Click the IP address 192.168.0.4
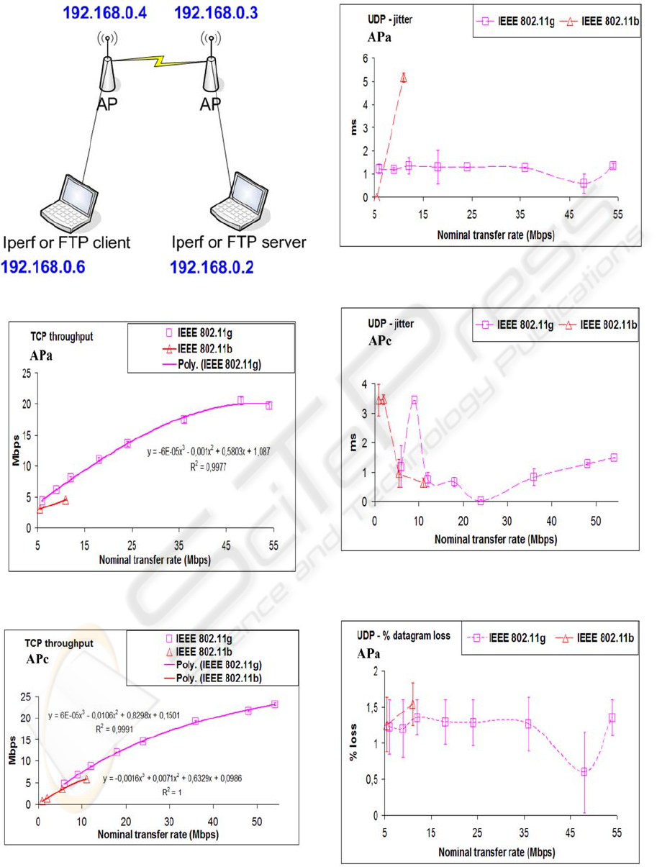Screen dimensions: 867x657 click(104, 12)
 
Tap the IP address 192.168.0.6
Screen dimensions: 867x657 click(43, 267)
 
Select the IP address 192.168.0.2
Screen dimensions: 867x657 click(212, 268)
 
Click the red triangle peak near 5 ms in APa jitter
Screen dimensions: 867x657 click(404, 77)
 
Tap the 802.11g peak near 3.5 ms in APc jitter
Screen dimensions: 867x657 click(414, 399)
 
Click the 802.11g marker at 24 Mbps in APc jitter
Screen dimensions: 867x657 click(480, 500)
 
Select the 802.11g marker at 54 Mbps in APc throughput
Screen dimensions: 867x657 click(274, 704)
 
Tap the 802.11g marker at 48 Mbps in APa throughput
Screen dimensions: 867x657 click(240, 400)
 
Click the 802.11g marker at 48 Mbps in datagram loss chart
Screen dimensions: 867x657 click(584, 771)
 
